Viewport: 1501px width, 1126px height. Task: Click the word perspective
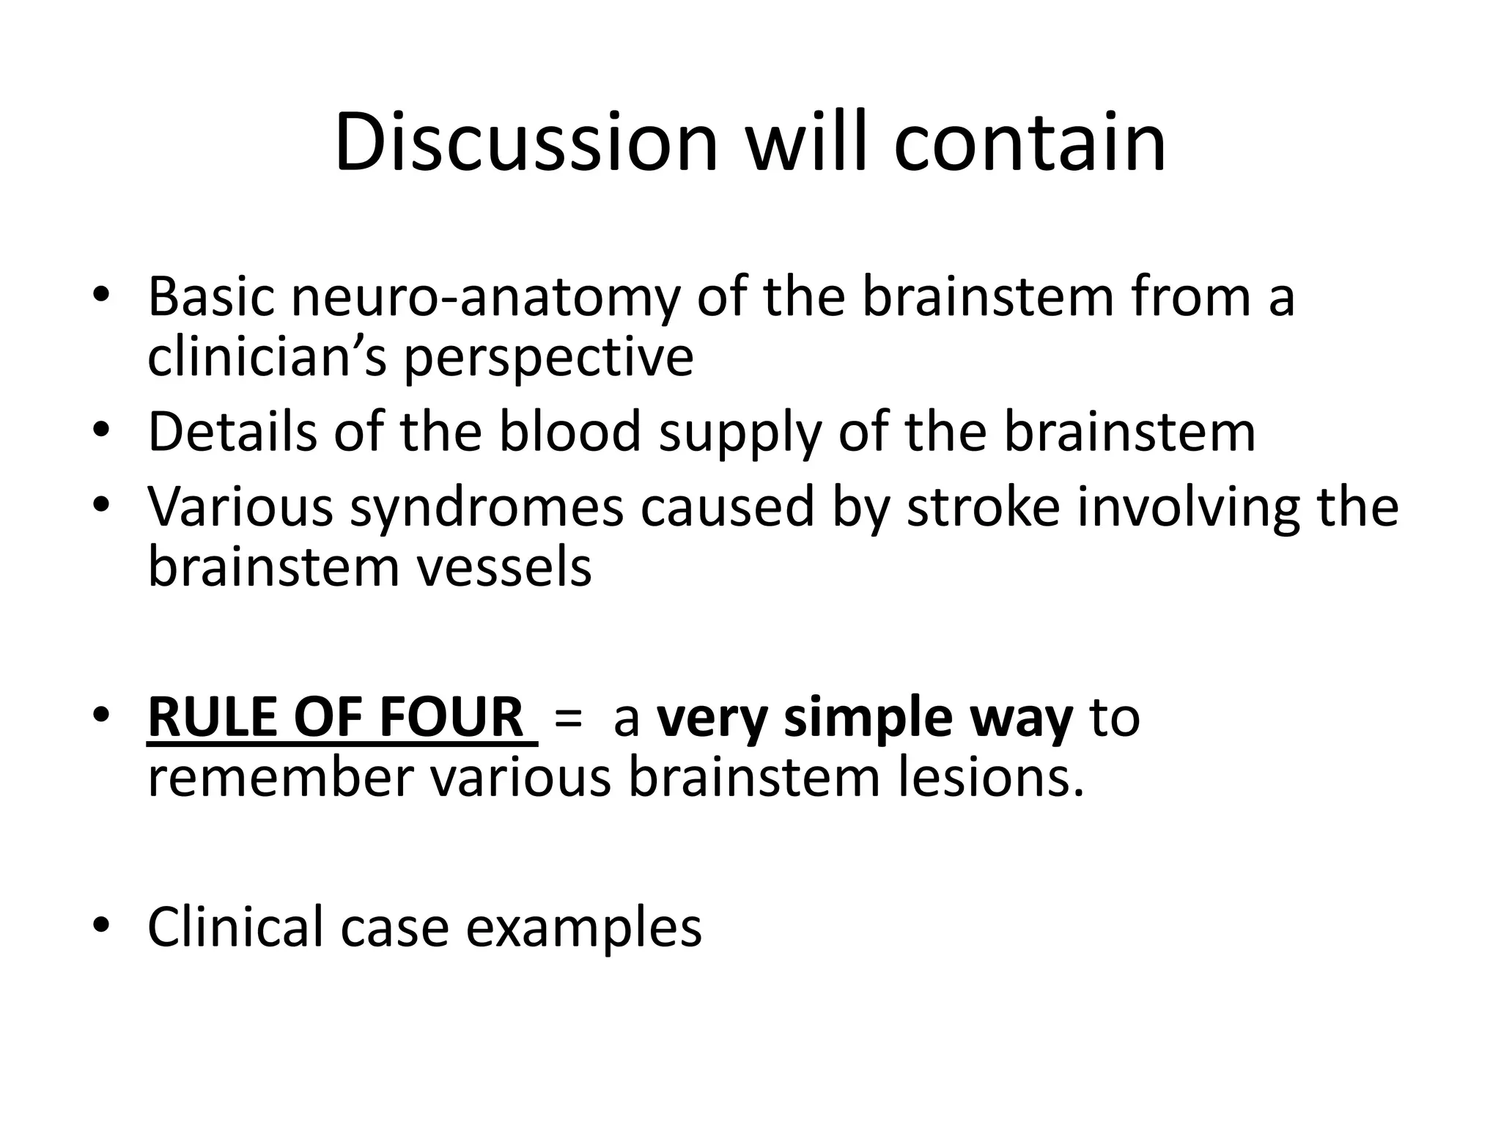pyautogui.click(x=548, y=359)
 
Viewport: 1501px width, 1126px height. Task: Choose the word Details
pyautogui.click(x=232, y=432)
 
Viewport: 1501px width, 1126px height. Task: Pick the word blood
pyautogui.click(x=570, y=432)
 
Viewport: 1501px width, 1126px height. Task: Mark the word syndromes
pyautogui.click(x=486, y=508)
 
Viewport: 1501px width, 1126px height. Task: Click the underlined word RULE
pyautogui.click(x=212, y=717)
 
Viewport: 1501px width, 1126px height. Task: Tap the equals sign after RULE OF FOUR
pyautogui.click(x=569, y=718)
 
